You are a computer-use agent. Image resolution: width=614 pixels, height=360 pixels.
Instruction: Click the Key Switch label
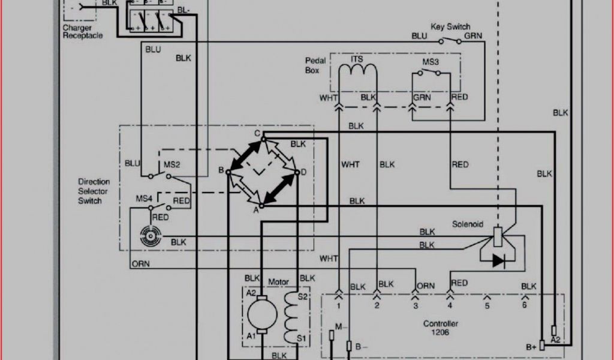coord(450,27)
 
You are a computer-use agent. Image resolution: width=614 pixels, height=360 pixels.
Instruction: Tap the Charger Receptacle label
coord(82,32)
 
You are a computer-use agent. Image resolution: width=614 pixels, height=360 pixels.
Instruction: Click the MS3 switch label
coord(430,62)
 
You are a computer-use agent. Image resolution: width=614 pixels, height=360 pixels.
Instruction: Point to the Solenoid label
coord(467,224)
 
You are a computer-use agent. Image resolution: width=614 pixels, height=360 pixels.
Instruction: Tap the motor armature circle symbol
coord(262,314)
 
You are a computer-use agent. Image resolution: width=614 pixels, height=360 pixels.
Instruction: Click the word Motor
coord(278,281)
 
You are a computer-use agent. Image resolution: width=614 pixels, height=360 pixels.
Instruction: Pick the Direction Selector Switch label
coord(94,191)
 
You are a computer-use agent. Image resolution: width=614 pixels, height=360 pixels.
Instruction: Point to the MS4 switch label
coord(144,198)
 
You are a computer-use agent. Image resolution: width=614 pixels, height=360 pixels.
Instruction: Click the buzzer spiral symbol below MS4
coord(148,236)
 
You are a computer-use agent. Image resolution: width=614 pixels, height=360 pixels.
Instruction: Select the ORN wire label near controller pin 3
coord(425,286)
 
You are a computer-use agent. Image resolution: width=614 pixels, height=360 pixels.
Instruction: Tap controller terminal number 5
coord(487,305)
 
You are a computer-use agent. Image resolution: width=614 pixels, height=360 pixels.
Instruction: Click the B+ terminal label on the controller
coord(531,347)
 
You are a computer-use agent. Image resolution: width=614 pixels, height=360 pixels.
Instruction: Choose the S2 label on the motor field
coord(303,297)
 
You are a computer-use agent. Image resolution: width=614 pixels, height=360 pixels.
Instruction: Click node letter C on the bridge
coord(257,133)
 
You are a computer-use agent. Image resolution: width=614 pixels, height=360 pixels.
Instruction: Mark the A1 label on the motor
coord(251,337)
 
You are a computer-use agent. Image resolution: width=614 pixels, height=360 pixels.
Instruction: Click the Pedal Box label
coord(315,65)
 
